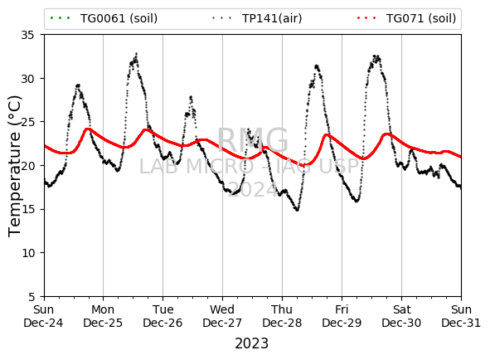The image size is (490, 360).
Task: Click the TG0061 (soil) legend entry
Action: tap(104, 18)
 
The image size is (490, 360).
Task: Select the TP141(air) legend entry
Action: tap(256, 18)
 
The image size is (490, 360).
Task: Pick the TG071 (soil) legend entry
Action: tap(406, 18)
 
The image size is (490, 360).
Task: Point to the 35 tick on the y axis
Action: tap(27, 35)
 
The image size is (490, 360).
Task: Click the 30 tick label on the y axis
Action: tap(27, 79)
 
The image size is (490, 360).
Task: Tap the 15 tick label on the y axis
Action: tap(27, 209)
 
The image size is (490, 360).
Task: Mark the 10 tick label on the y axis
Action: tap(27, 253)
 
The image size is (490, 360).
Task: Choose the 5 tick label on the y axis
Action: tap(32, 296)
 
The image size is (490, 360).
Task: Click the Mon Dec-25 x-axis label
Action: tap(103, 316)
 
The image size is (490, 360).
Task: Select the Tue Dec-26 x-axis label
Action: tap(163, 316)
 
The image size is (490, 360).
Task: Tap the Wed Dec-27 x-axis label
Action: tap(222, 316)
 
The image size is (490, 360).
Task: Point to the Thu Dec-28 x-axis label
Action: tap(282, 316)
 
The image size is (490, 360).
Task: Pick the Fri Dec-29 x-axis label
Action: tap(342, 316)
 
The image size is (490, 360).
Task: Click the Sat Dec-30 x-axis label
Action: tap(401, 316)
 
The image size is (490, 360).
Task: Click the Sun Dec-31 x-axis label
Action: tap(461, 316)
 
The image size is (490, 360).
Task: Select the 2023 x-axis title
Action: tap(251, 343)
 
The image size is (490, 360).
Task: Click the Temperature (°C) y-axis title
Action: tap(14, 166)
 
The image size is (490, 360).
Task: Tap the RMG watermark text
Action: tap(253, 140)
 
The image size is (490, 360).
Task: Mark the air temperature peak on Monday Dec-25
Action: tap(136, 55)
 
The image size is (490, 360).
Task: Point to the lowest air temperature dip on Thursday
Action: tap(297, 210)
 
